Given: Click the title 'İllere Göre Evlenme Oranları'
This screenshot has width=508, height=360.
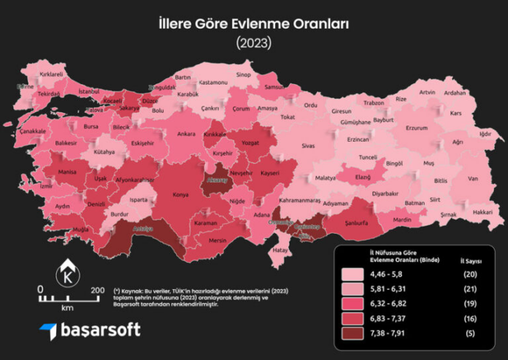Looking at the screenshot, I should (253, 23).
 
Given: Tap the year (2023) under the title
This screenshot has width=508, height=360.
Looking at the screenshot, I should (253, 43).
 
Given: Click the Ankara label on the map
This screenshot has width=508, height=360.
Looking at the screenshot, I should (186, 134).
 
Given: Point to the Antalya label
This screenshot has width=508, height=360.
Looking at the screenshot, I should (142, 229).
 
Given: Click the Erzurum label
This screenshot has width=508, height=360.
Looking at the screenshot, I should (416, 128).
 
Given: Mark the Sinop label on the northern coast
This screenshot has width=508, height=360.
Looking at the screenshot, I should (243, 74).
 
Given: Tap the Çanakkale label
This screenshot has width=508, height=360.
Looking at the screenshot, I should (33, 131).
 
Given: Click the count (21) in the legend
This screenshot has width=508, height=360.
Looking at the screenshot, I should (471, 291).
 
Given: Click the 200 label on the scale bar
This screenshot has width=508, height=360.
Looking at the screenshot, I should (97, 290).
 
